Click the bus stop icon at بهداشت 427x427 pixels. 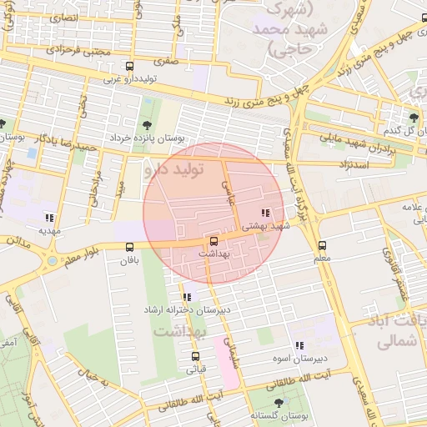pos(213,241)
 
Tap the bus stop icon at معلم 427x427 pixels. pos(323,245)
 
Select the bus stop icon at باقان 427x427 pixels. pos(129,247)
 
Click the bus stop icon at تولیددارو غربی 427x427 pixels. pos(128,67)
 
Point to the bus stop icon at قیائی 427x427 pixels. pos(196,357)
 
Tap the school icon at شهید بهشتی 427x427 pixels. pos(265,213)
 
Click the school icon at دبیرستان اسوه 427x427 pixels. pos(299,346)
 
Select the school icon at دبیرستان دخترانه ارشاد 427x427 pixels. pos(186,297)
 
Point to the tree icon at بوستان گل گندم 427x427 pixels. pos(414,117)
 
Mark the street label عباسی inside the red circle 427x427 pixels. pos(227,193)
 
